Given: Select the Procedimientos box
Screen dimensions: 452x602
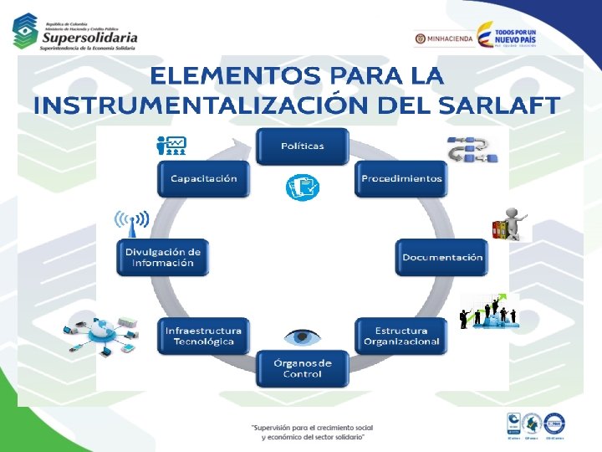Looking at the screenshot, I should click(x=401, y=178).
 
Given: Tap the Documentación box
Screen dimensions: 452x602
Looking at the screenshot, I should click(x=442, y=257).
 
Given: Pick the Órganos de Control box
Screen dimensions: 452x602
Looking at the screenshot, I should click(x=302, y=368).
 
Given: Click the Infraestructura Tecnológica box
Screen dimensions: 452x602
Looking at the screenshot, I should click(x=203, y=336).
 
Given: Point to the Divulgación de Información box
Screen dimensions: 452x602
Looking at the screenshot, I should click(x=163, y=257).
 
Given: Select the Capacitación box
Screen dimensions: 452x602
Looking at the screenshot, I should click(x=203, y=178).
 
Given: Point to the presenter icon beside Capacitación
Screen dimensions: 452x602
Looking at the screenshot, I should click(x=171, y=146).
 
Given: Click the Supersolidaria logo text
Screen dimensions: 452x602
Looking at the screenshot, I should click(x=89, y=38).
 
